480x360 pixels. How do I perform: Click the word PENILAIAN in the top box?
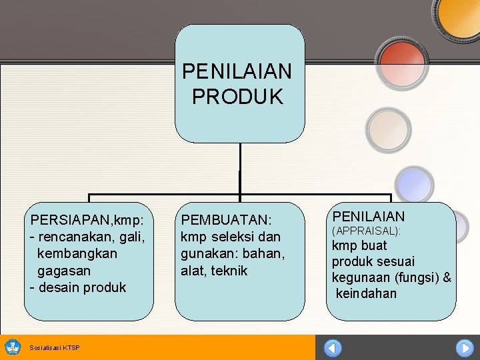(x=237, y=71)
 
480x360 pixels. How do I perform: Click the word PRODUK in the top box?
(x=237, y=97)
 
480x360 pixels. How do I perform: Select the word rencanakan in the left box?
(x=75, y=236)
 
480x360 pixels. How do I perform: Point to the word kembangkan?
(x=77, y=253)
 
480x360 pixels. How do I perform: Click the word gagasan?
(x=64, y=271)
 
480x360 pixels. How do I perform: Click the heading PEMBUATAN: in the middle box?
(x=226, y=219)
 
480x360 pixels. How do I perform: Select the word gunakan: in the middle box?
(x=208, y=254)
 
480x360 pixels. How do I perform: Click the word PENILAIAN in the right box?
(x=369, y=216)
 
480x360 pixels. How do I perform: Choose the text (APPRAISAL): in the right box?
(x=366, y=231)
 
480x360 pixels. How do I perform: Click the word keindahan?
(x=366, y=293)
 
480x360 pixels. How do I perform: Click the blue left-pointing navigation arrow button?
(x=332, y=348)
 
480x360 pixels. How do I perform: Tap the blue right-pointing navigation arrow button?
(x=464, y=348)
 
